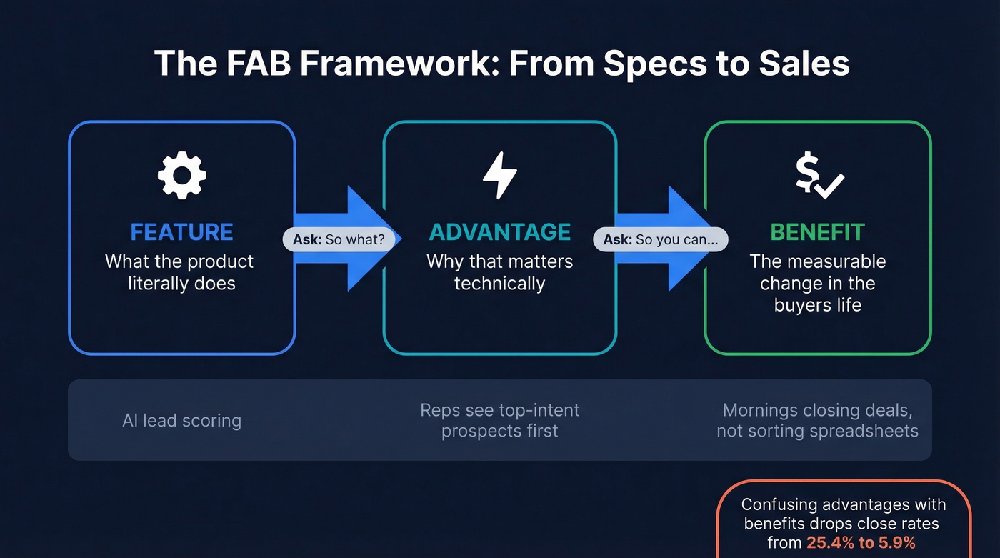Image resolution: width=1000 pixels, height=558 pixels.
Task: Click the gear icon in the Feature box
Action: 181,175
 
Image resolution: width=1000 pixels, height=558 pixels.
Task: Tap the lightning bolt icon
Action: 499,175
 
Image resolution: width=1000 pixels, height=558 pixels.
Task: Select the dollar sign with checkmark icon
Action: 819,176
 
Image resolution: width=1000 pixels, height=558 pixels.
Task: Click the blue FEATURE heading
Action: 181,232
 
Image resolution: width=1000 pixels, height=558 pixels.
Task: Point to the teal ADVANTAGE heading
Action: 499,232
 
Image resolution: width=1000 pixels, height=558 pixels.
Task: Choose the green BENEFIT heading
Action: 817,232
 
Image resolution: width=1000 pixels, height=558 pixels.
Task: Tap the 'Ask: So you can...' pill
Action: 660,240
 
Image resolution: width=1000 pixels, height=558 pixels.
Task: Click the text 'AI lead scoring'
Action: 181,420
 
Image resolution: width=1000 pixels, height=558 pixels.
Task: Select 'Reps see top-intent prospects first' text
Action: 499,420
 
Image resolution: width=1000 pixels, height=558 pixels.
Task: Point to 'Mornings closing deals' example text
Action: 817,411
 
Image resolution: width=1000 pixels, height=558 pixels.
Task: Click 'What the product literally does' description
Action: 179,272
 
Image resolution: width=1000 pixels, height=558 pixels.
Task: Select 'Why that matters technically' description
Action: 499,272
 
